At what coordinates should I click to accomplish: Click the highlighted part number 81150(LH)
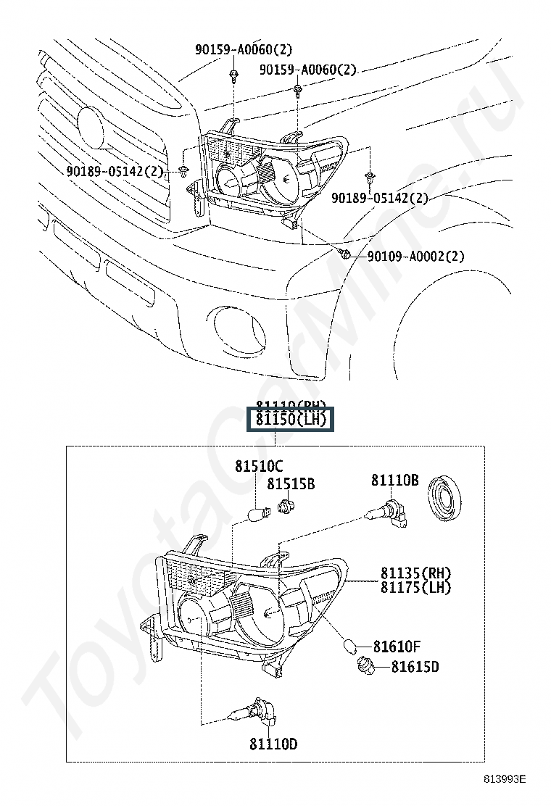tap(290, 420)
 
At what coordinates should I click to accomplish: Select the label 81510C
tap(258, 467)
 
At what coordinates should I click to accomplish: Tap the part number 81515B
tap(291, 484)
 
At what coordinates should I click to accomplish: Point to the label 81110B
tap(395, 480)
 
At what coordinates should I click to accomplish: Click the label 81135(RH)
tap(415, 573)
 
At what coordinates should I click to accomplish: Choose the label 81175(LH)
tap(415, 588)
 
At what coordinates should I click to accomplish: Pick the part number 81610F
tap(397, 646)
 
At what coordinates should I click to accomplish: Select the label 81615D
tap(415, 667)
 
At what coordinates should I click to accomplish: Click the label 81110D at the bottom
tap(273, 744)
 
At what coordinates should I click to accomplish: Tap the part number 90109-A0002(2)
tap(415, 256)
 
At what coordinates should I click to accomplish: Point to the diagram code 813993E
tap(505, 780)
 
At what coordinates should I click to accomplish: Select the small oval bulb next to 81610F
tap(350, 644)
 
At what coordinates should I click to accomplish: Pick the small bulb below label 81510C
tap(256, 515)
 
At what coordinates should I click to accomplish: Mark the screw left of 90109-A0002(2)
tap(347, 254)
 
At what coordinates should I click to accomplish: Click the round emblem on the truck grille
tap(92, 126)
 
